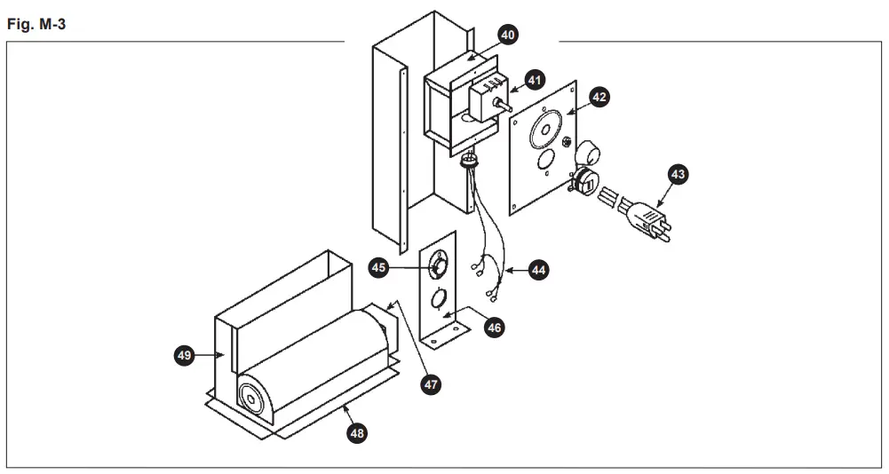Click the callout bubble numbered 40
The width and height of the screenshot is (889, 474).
[507, 36]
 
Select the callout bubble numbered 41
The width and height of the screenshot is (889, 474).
[535, 80]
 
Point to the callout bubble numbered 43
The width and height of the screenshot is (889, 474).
[679, 176]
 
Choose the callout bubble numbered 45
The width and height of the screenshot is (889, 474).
[380, 266]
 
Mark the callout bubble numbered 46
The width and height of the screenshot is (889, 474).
[495, 327]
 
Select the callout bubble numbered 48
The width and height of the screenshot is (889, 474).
[356, 432]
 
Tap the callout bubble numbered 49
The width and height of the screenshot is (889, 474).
[184, 355]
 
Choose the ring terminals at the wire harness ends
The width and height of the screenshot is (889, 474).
[486, 284]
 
